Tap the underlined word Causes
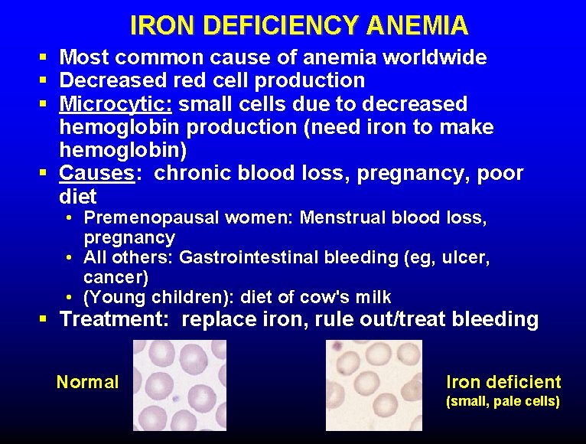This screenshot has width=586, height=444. click(96, 173)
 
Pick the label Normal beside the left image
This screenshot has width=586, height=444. click(87, 381)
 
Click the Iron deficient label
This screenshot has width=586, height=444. click(503, 382)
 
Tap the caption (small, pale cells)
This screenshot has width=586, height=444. click(503, 401)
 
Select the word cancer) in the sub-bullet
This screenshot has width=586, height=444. click(116, 276)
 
